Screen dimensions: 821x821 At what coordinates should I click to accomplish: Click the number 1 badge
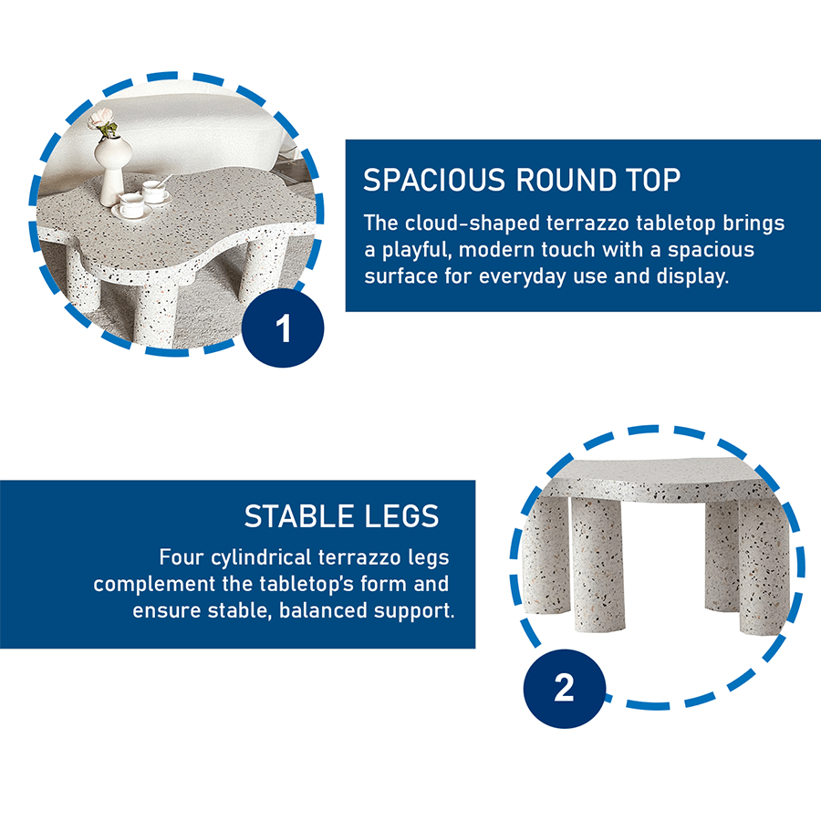click(x=283, y=327)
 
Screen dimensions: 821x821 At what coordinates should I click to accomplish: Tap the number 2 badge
click(x=565, y=688)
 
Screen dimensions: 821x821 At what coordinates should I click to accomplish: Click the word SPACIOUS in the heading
click(x=434, y=180)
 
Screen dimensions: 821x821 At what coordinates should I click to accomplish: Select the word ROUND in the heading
click(x=566, y=180)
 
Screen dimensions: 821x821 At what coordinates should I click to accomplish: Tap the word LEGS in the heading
click(x=401, y=516)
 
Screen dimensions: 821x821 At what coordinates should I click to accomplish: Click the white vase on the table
click(x=111, y=169)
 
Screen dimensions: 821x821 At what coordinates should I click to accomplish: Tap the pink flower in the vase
click(x=101, y=119)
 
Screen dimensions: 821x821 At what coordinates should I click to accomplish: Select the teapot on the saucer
click(x=130, y=204)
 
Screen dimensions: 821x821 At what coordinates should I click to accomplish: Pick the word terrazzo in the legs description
click(x=360, y=557)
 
